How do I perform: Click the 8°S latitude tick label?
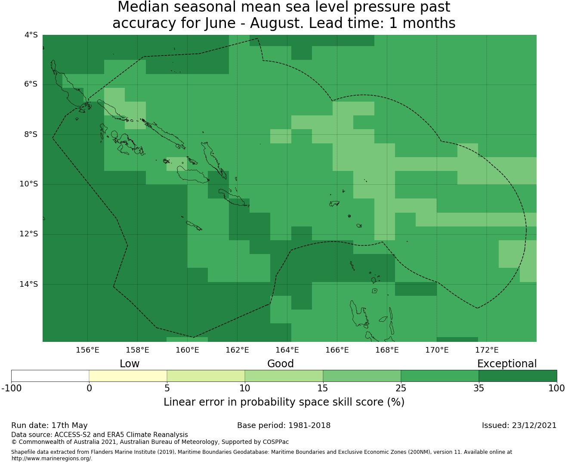click(31, 134)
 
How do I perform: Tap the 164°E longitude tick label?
click(287, 350)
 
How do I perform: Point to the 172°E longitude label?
click(487, 350)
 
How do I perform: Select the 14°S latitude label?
click(28, 284)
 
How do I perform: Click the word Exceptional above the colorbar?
click(507, 364)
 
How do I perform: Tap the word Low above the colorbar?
click(130, 364)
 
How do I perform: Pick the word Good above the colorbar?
click(281, 364)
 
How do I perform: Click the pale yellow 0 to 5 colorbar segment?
click(128, 376)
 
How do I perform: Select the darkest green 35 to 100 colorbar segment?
click(518, 376)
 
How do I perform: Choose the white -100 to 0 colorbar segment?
click(50, 376)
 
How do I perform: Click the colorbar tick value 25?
click(401, 388)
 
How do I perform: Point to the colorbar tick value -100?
click(11, 388)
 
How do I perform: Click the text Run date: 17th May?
click(49, 425)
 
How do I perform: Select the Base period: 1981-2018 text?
click(284, 425)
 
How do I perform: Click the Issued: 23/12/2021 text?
click(519, 425)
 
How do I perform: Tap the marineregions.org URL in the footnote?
click(52, 459)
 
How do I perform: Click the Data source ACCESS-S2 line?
click(99, 435)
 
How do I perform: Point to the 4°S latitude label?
click(31, 35)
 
